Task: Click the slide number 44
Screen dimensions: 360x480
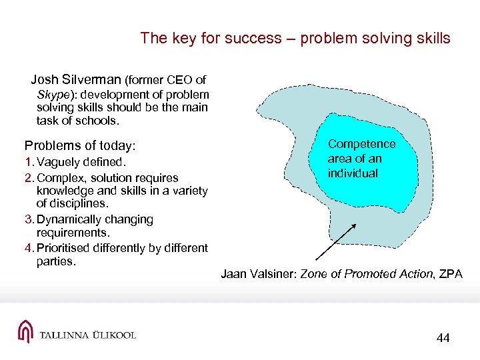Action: [443, 338]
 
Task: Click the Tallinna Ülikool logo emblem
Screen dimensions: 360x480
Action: [25, 332]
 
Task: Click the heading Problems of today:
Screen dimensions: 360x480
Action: [80, 145]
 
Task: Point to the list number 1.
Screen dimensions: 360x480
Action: [28, 163]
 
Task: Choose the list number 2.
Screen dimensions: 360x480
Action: [28, 178]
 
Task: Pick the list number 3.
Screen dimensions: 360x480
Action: [28, 219]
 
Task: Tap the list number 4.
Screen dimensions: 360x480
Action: [28, 248]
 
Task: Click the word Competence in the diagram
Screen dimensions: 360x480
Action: [361, 144]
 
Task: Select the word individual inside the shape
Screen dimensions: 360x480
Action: [353, 173]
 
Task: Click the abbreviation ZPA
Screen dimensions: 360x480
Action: [449, 274]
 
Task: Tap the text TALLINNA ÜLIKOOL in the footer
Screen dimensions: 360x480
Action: [87, 335]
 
